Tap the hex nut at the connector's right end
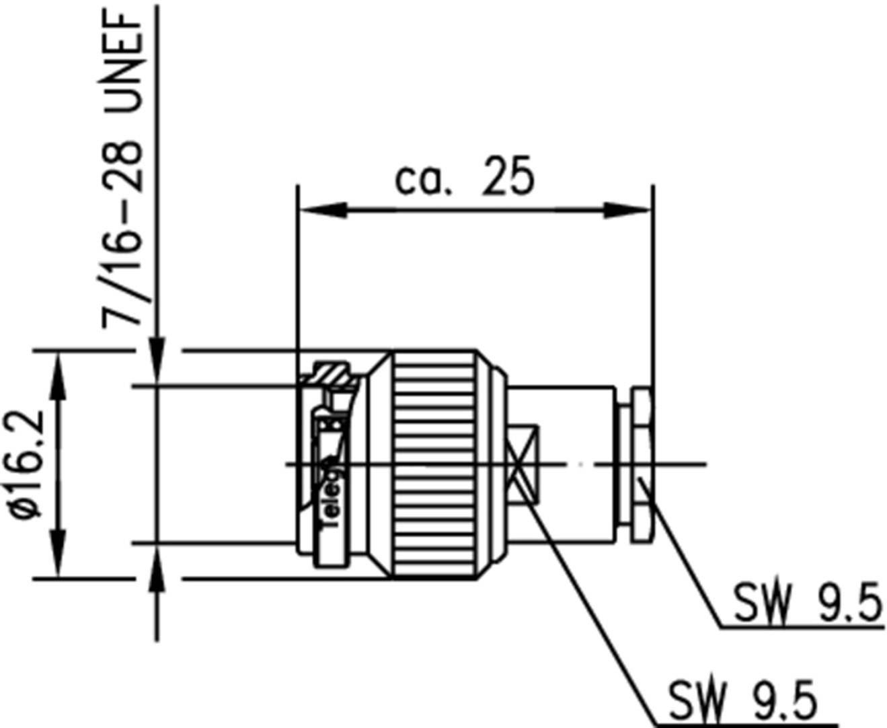(x=641, y=464)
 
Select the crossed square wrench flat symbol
(x=524, y=464)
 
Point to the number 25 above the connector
(x=508, y=178)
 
